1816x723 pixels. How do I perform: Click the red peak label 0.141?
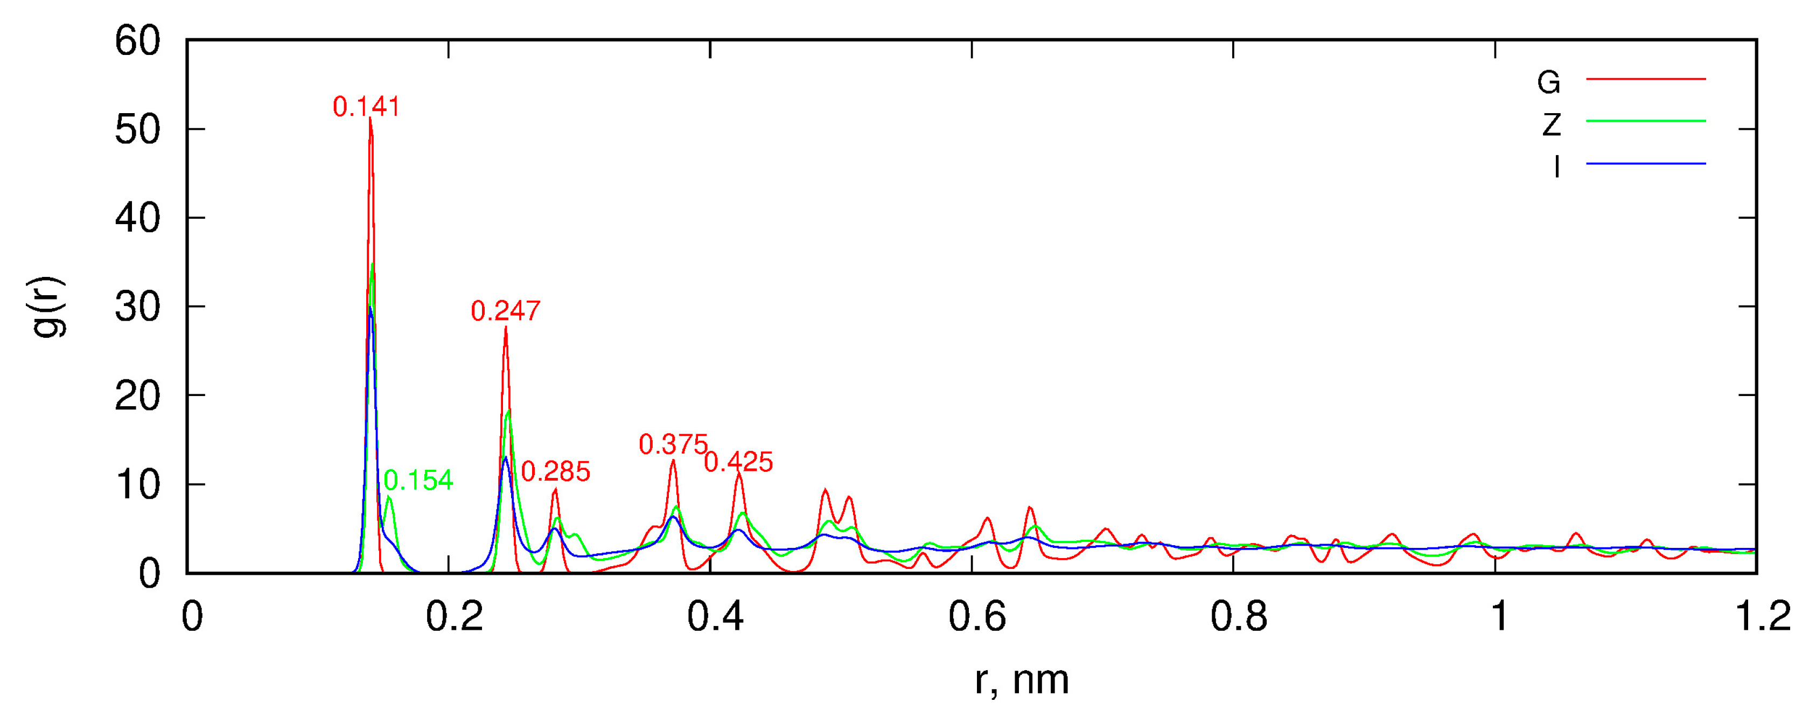(x=366, y=107)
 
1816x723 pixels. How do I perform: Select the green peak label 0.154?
(x=418, y=481)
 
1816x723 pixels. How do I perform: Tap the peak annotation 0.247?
(x=506, y=311)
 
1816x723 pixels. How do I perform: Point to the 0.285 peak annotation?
(x=555, y=472)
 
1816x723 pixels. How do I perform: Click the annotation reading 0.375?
(x=673, y=444)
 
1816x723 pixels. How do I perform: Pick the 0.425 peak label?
(x=739, y=462)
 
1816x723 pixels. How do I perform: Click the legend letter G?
(x=1549, y=83)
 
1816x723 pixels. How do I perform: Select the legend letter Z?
(x=1551, y=126)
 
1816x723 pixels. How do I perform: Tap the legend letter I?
(x=1556, y=167)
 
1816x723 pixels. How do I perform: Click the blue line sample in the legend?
(x=1645, y=164)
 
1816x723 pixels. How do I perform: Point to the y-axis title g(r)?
(x=50, y=307)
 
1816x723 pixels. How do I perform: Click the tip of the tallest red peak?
(x=370, y=119)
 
